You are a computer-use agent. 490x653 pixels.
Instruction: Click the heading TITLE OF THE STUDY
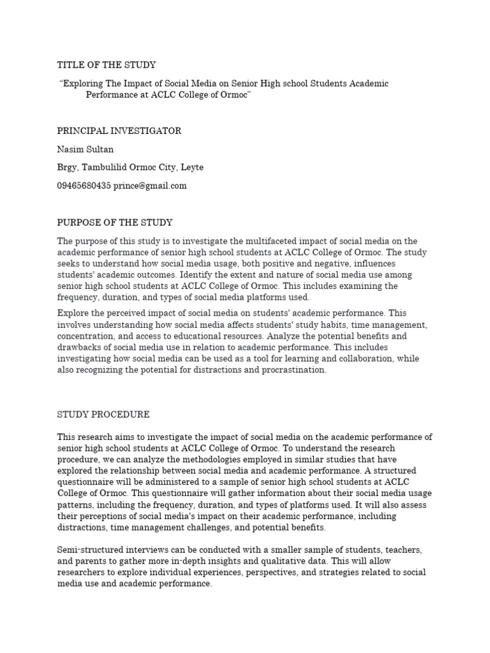coord(107,65)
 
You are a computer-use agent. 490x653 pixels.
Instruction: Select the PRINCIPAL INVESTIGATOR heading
coord(119,131)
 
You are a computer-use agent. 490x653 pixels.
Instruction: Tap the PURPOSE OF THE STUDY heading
coord(115,223)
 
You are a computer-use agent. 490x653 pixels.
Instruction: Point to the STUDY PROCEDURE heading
coord(103,415)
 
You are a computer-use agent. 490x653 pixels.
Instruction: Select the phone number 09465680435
coord(84,186)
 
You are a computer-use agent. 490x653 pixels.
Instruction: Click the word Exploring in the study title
coord(84,84)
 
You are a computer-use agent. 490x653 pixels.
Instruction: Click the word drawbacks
coord(79,347)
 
